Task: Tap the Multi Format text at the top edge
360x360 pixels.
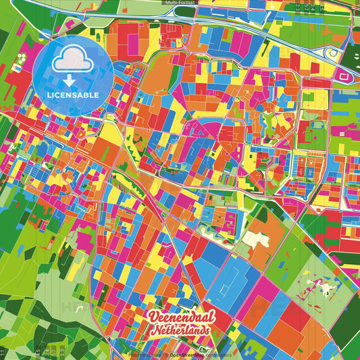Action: pyautogui.click(x=180, y=3)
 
